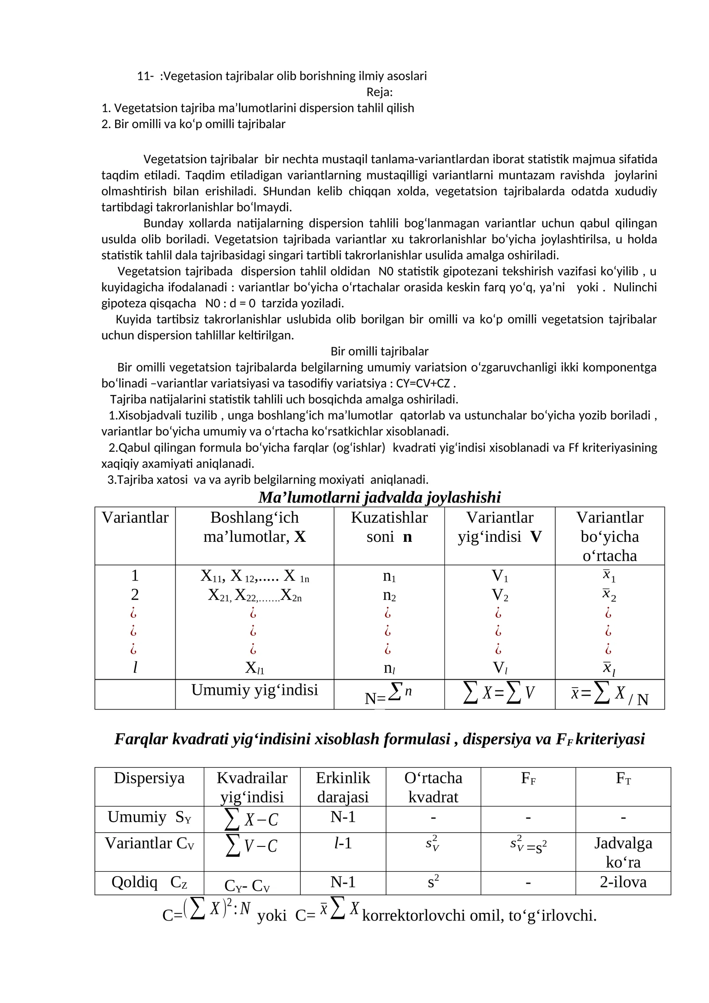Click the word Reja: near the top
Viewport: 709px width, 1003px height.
pos(379,92)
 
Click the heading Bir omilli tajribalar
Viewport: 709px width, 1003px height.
pos(379,351)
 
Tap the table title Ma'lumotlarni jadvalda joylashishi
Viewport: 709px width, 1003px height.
pos(379,497)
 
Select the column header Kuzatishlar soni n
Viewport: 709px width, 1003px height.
pos(389,527)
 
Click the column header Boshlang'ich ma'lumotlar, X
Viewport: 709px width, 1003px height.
pos(254,527)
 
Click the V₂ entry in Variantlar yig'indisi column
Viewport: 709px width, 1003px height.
pos(500,595)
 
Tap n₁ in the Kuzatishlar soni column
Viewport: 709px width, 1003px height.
pos(389,576)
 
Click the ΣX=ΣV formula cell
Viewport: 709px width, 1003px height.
pos(499,693)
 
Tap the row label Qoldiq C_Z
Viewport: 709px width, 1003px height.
pos(149,882)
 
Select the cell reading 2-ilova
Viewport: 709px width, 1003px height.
pos(623,882)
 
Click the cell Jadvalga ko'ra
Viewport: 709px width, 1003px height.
pos(623,852)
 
